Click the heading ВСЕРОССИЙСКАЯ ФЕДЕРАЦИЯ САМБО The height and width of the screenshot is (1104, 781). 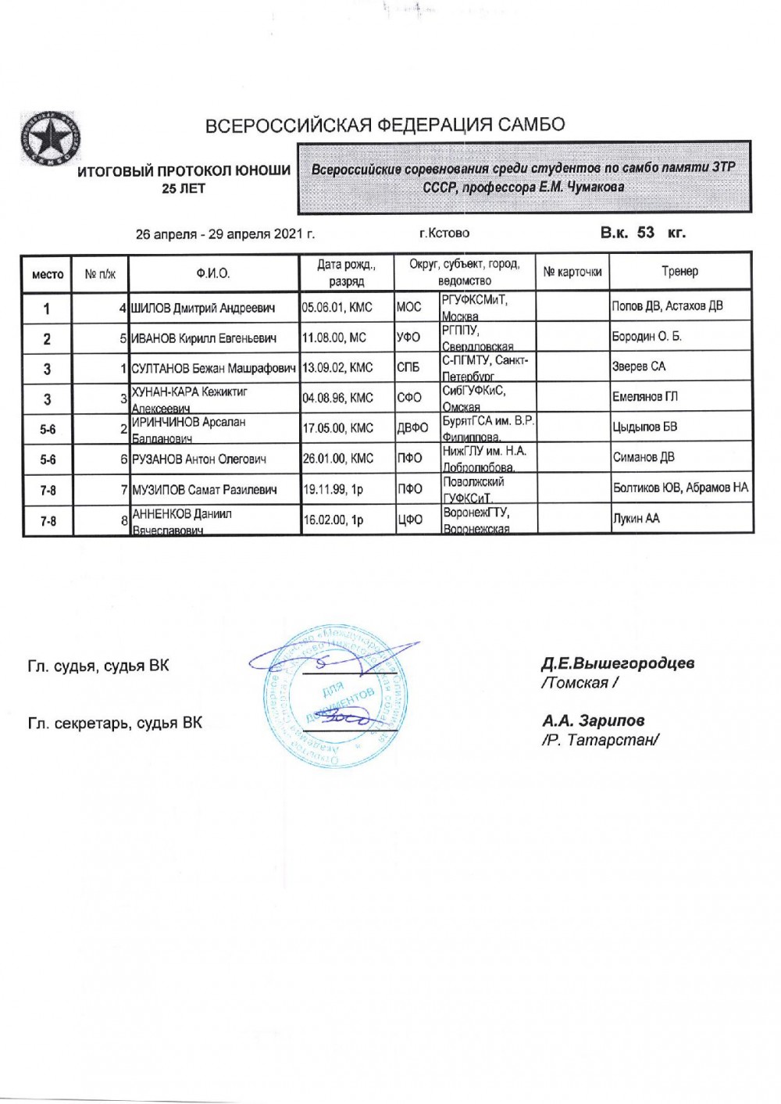click(384, 125)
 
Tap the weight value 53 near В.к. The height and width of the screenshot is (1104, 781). click(645, 232)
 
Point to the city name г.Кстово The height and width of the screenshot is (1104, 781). click(444, 233)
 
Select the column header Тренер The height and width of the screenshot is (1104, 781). click(679, 272)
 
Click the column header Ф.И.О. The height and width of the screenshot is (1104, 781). click(213, 273)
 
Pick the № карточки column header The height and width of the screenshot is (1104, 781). click(572, 272)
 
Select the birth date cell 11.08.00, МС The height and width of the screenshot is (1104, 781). click(337, 338)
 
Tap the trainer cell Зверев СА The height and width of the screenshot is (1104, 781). click(639, 367)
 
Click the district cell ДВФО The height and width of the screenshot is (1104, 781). click(412, 428)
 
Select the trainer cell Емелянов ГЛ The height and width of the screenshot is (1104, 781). click(645, 398)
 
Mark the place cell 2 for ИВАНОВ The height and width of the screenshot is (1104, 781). click(47, 338)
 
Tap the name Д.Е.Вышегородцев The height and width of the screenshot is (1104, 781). click(618, 663)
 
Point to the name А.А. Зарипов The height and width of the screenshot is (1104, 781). click(594, 720)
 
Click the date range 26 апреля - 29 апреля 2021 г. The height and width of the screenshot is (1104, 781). click(225, 234)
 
